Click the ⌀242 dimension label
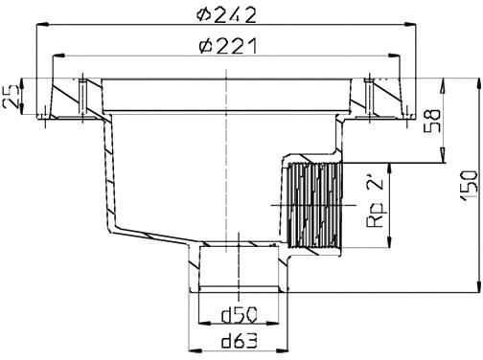226,14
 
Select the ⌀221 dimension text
227,46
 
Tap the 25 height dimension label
11,96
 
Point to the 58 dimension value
432,121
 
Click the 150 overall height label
469,186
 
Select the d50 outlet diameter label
239,315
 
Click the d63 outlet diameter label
239,341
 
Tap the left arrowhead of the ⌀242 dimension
42,25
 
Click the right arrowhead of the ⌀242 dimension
410,25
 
